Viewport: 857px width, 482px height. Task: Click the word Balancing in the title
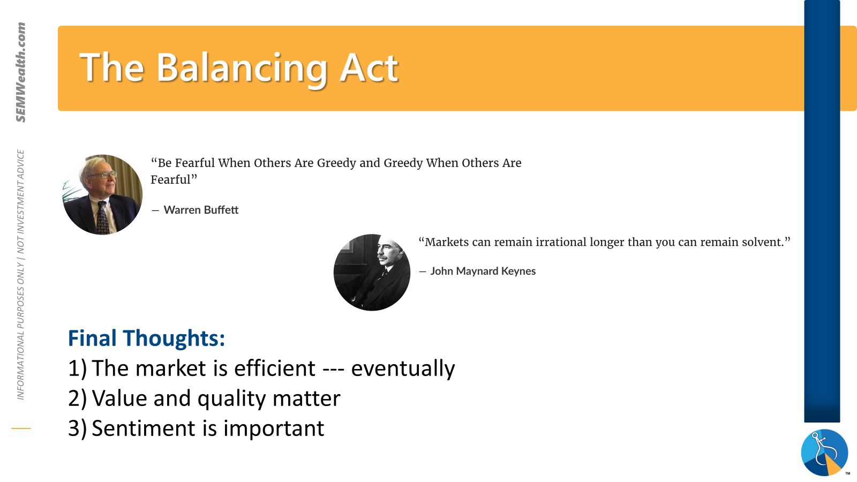pos(242,70)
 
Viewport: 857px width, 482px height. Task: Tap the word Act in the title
pos(369,67)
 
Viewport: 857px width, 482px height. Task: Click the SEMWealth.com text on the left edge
pos(21,72)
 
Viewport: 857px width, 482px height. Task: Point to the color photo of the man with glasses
pos(102,194)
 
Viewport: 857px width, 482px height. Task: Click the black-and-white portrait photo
pos(372,273)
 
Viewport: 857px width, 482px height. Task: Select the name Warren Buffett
pos(201,209)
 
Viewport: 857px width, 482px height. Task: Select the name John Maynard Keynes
pos(483,271)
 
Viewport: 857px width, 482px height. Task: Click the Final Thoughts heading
pos(147,338)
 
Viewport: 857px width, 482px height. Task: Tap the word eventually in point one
pos(403,368)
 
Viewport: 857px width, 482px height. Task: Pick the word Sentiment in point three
pos(144,428)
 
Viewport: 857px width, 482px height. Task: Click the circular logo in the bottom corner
pos(824,453)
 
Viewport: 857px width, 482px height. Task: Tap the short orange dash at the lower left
pos(21,428)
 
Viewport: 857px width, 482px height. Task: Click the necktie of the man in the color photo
pos(102,218)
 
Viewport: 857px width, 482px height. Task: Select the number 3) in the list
pos(77,428)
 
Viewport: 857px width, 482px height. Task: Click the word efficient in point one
pos(275,368)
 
